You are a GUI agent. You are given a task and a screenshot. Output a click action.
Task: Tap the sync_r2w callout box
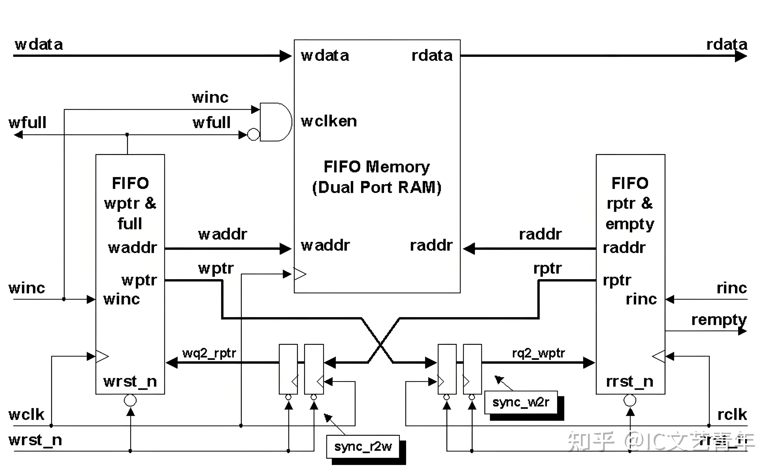363,447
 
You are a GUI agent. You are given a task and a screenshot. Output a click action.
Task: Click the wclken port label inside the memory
329,121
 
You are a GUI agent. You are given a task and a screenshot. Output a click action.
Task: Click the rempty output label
719,320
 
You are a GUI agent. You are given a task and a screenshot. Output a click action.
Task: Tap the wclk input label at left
26,415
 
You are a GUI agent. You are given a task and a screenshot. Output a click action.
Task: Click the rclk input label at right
732,415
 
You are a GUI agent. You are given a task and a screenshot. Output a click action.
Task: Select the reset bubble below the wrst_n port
130,400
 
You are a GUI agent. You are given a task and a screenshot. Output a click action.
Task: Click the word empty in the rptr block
630,225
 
